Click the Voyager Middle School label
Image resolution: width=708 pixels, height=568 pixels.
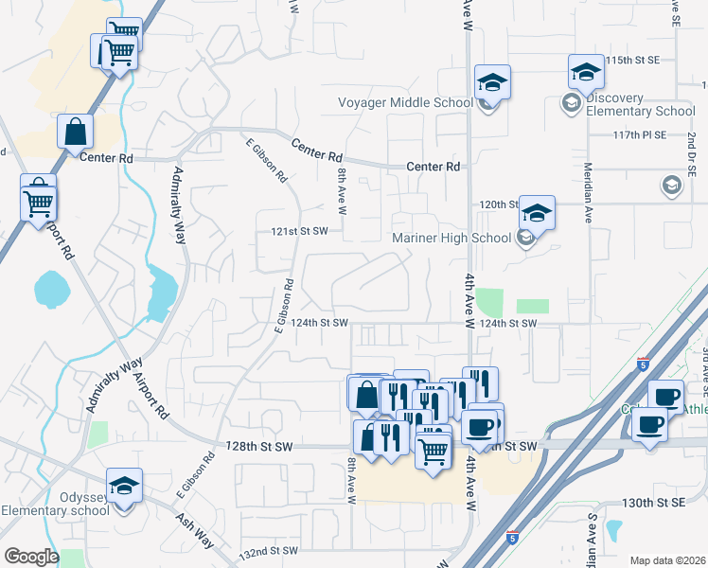(x=405, y=103)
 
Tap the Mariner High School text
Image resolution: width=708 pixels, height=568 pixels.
(x=451, y=238)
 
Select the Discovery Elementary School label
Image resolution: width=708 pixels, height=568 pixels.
(x=641, y=104)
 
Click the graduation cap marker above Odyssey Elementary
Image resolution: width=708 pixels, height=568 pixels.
(x=124, y=487)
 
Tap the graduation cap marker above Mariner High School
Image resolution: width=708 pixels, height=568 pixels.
(x=536, y=214)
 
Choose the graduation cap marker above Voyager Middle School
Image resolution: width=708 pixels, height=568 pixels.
(x=492, y=82)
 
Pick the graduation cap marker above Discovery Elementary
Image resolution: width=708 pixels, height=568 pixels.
(x=586, y=72)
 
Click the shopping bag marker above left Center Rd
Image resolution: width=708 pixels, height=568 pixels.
(x=75, y=133)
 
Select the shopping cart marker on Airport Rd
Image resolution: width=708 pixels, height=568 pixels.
(x=39, y=199)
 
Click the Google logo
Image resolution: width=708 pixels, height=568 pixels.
(x=30, y=557)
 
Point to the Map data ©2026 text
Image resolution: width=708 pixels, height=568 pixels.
(x=667, y=560)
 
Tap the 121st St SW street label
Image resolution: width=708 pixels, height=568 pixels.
(x=299, y=231)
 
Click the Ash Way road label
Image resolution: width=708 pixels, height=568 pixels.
(x=193, y=527)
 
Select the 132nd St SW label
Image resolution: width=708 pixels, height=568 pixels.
(x=271, y=550)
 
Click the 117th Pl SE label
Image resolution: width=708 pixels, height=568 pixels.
(x=639, y=135)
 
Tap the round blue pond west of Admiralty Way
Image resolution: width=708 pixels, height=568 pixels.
(x=50, y=289)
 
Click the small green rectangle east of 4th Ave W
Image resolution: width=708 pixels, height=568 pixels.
(x=533, y=306)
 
